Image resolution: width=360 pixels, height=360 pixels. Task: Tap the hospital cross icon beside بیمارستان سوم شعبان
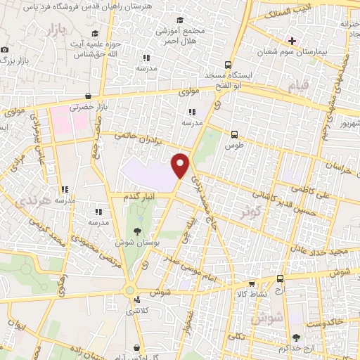292,41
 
